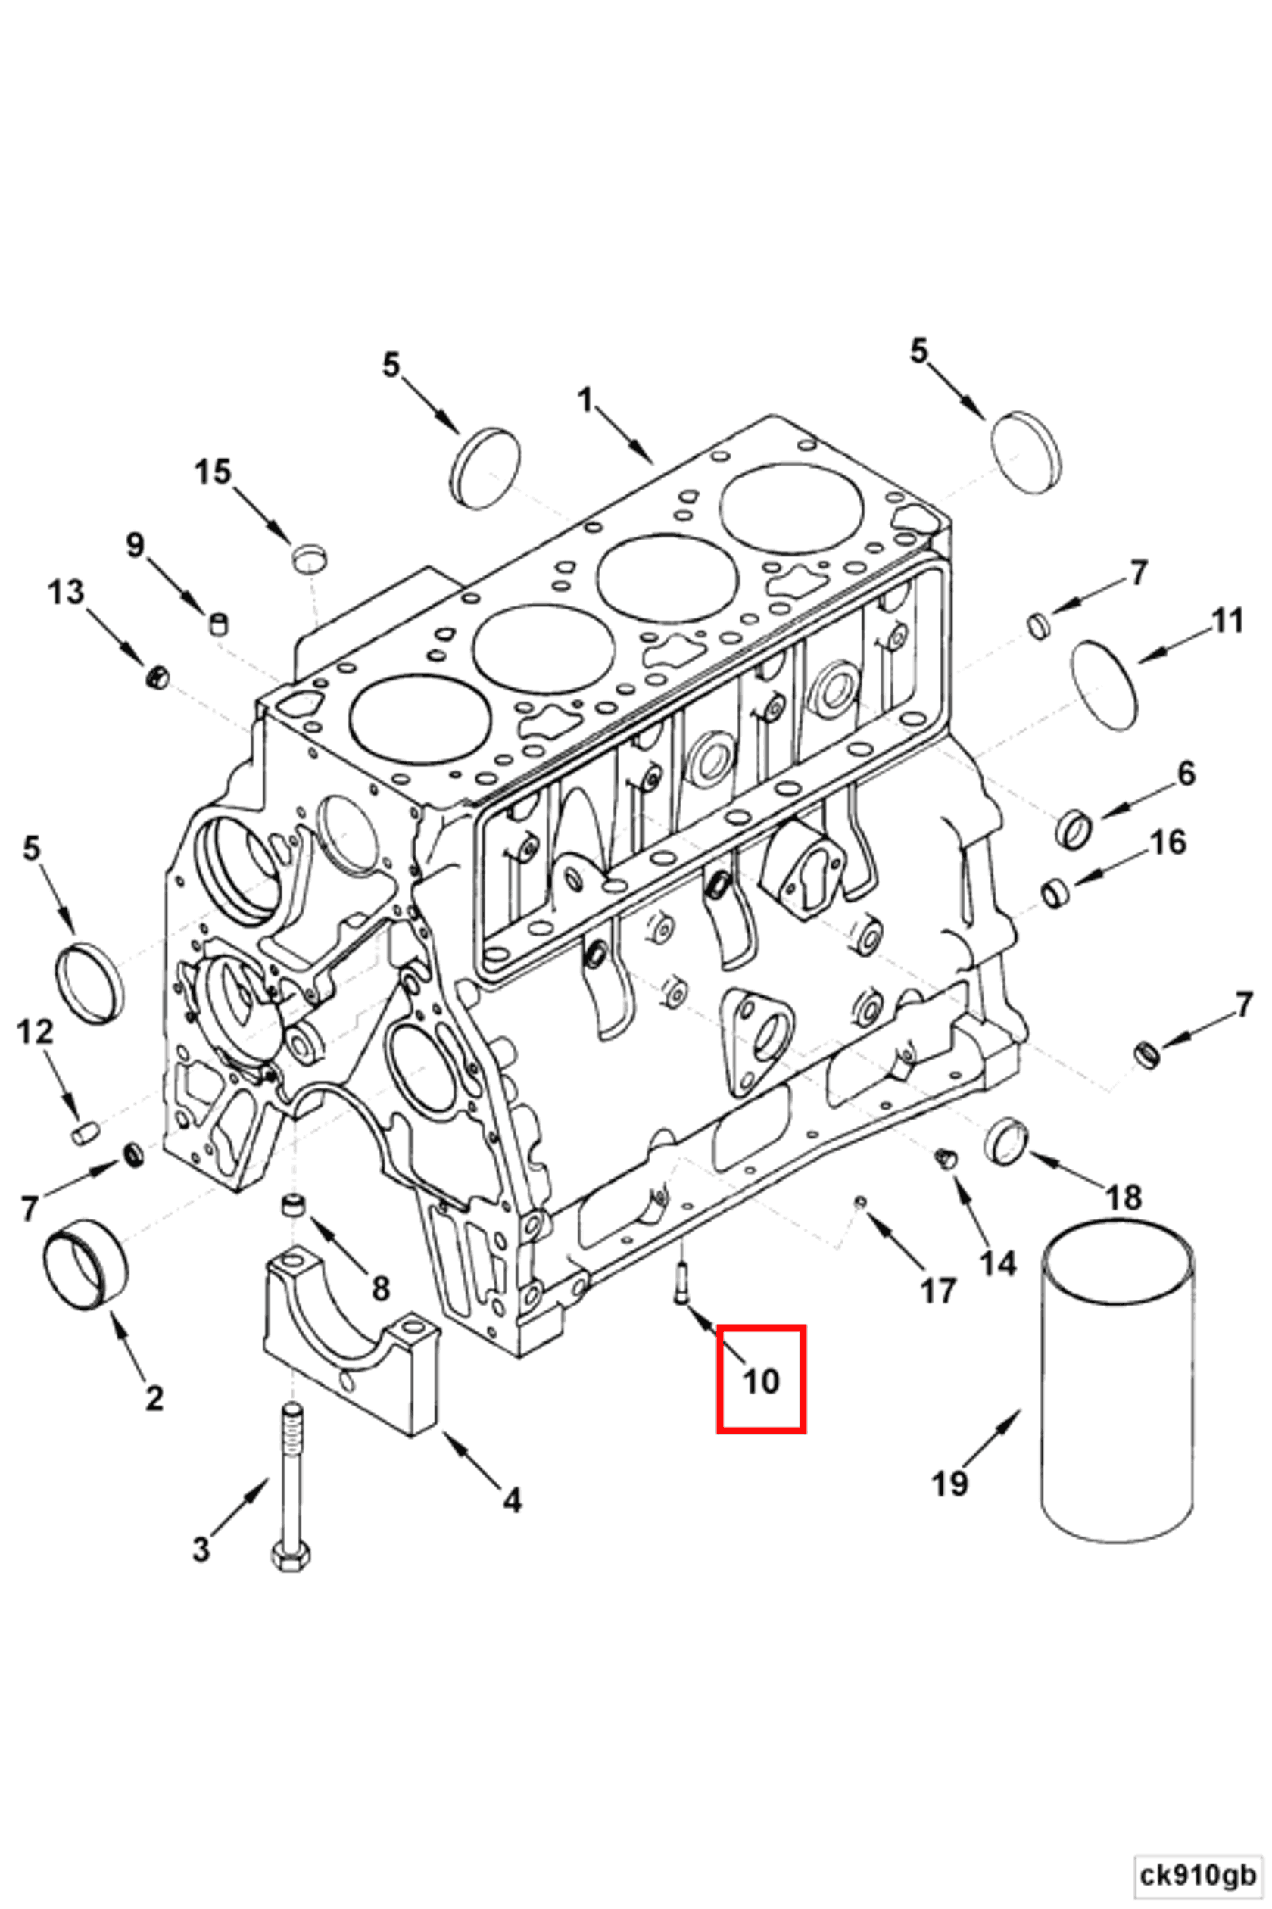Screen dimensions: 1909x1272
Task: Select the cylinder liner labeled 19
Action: pyautogui.click(x=1117, y=1383)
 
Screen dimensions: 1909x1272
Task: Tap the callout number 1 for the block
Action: pyautogui.click(x=585, y=400)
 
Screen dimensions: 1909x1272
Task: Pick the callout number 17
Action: pyautogui.click(x=938, y=1291)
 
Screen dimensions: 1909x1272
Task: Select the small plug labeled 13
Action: pyautogui.click(x=157, y=677)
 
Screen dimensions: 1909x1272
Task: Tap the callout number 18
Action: pyautogui.click(x=1124, y=1197)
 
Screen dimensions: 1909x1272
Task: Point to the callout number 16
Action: pyautogui.click(x=1168, y=842)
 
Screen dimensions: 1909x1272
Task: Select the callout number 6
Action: pyautogui.click(x=1186, y=774)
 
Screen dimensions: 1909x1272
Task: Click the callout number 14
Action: pyautogui.click(x=997, y=1262)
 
